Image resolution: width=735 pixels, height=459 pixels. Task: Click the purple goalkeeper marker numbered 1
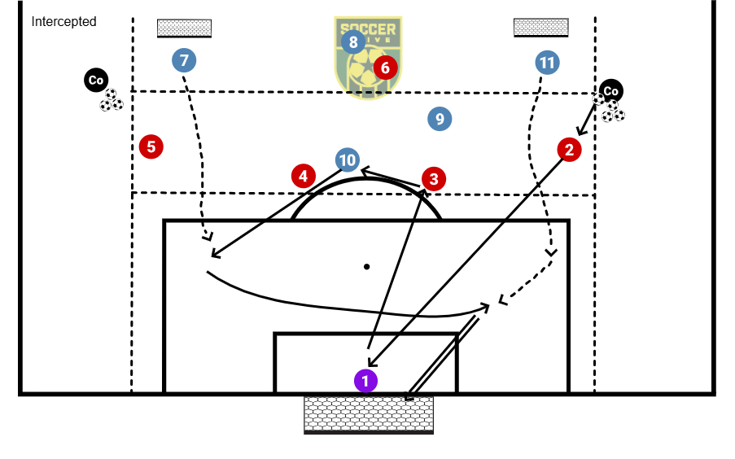click(x=365, y=380)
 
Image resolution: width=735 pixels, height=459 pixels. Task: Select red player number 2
click(x=569, y=149)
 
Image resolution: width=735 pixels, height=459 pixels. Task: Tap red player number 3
click(x=434, y=178)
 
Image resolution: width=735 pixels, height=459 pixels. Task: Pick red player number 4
click(x=303, y=175)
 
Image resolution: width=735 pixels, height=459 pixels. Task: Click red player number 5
click(x=151, y=146)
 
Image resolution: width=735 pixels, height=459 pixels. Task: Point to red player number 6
click(x=385, y=67)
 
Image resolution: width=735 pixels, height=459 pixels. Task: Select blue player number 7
click(x=185, y=59)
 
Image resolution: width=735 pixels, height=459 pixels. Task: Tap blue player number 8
click(x=352, y=42)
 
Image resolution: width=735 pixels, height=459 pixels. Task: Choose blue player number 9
click(x=440, y=119)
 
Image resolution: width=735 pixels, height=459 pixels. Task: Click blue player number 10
click(x=348, y=160)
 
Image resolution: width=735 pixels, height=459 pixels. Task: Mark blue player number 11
click(x=547, y=62)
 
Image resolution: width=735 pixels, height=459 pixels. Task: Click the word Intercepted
click(x=63, y=22)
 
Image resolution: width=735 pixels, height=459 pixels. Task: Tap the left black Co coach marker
click(x=96, y=80)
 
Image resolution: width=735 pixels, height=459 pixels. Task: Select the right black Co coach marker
click(x=610, y=90)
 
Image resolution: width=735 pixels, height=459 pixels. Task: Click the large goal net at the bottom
click(x=368, y=413)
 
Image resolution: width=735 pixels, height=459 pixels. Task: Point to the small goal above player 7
click(x=184, y=28)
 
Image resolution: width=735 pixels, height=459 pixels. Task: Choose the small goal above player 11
click(x=540, y=27)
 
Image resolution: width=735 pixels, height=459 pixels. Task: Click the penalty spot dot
click(x=367, y=266)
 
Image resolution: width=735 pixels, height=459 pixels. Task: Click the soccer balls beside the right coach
click(x=610, y=108)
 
